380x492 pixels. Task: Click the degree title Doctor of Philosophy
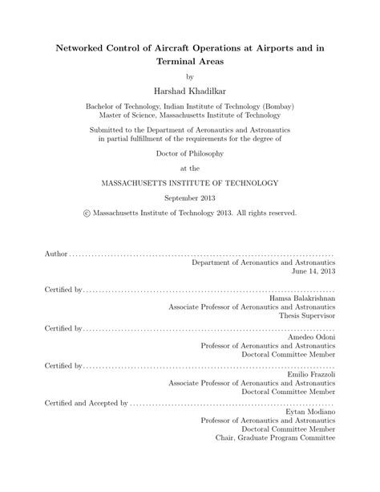pyautogui.click(x=190, y=152)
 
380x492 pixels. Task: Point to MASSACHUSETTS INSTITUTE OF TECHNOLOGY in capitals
pyautogui.click(x=190, y=183)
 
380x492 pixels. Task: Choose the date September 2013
pyautogui.click(x=190, y=198)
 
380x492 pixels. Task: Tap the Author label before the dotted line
pyautogui.click(x=56, y=253)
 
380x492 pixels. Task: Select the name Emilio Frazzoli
pyautogui.click(x=310, y=375)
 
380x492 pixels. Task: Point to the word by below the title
pyautogui.click(x=190, y=76)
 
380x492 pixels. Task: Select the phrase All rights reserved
pyautogui.click(x=264, y=213)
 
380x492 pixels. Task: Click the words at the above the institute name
pyautogui.click(x=190, y=168)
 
